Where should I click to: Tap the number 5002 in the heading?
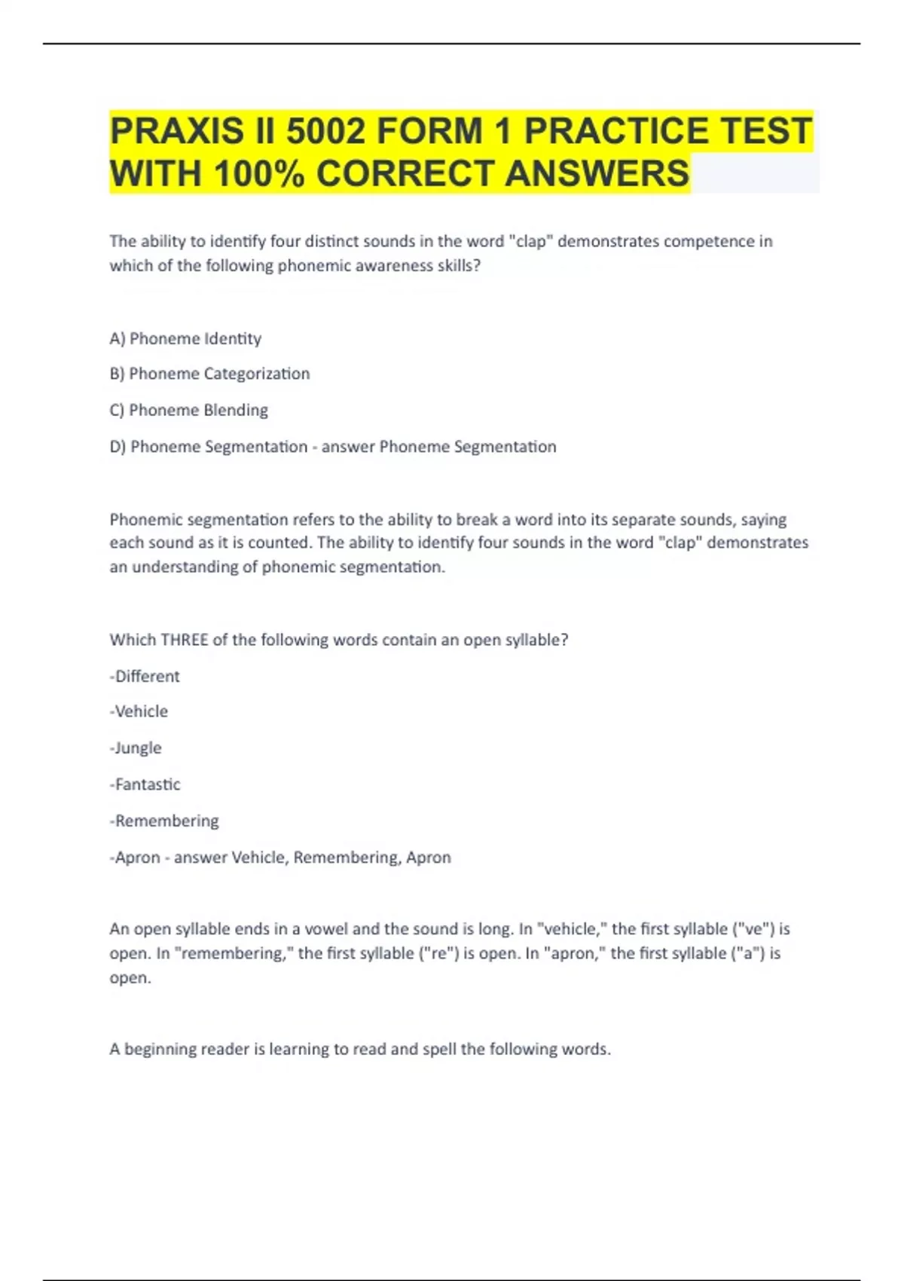pos(325,131)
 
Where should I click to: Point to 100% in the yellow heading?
pos(258,173)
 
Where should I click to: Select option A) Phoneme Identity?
pos(185,338)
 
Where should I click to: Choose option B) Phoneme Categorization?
pos(209,374)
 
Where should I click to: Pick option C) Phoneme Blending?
pos(188,410)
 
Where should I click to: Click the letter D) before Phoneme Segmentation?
pos(118,447)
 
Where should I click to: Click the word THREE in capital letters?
pos(185,640)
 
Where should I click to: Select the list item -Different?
pos(145,676)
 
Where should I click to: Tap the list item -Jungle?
pos(136,748)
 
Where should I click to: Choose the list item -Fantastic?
pos(145,784)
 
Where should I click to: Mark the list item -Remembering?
pos(164,821)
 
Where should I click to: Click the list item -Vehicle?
pos(139,711)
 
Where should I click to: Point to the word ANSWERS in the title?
pos(597,173)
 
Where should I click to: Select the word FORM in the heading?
pos(429,131)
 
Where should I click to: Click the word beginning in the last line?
pos(163,1049)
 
